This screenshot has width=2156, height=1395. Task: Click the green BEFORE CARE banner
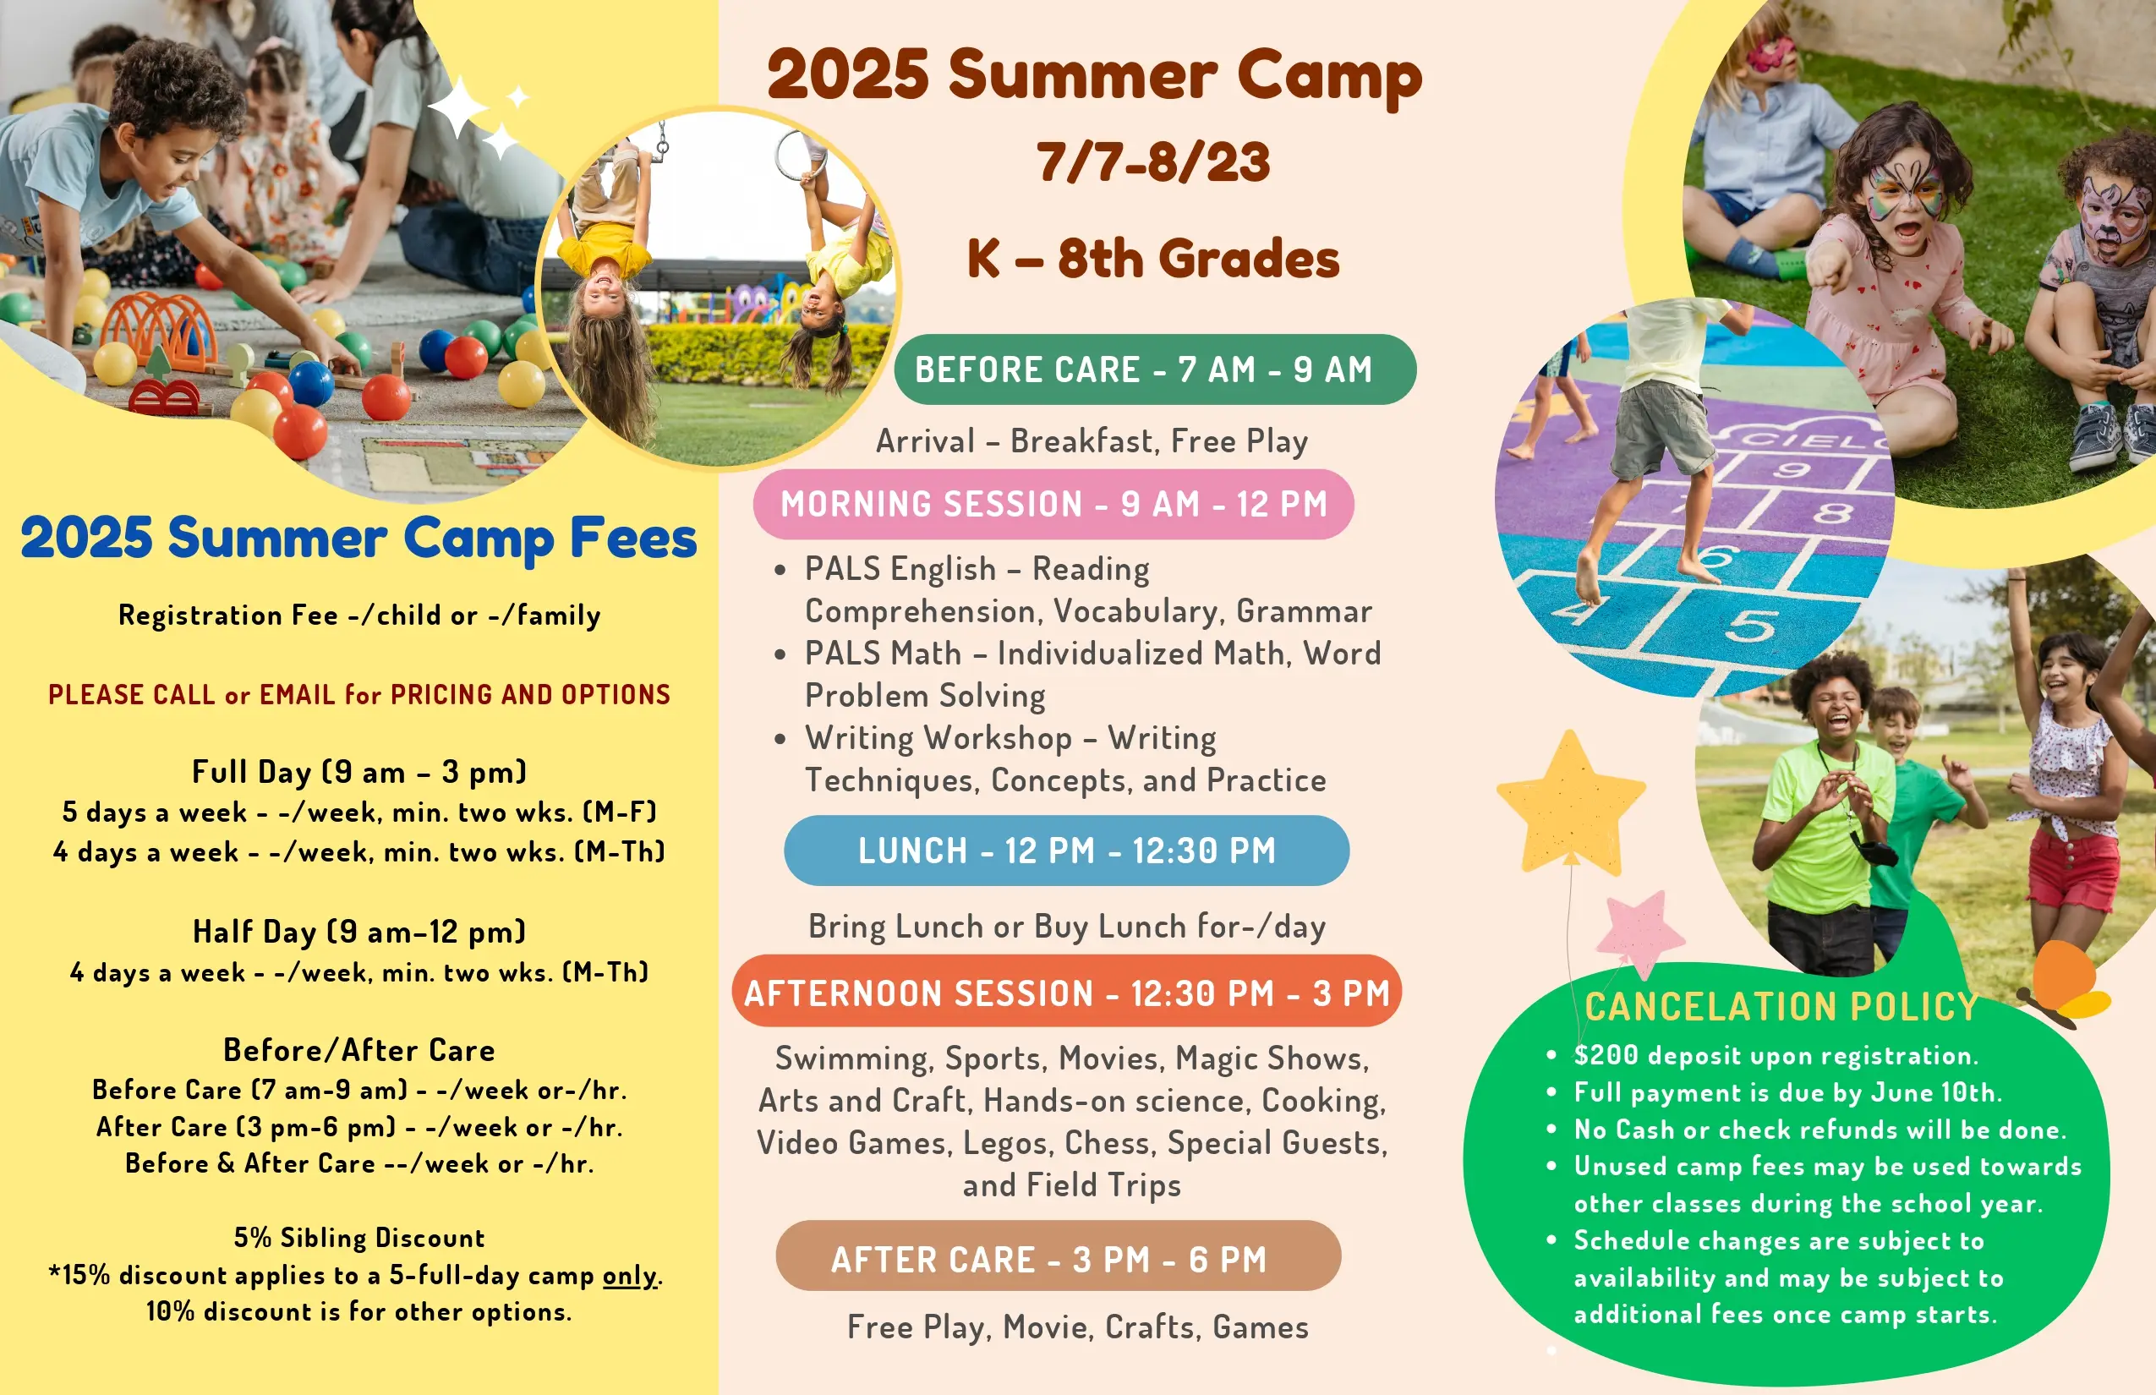pyautogui.click(x=1155, y=369)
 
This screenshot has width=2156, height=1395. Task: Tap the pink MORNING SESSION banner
pyautogui.click(x=1053, y=504)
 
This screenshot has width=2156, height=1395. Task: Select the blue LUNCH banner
pyautogui.click(x=1066, y=851)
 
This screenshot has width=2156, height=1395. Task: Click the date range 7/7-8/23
pyautogui.click(x=1153, y=163)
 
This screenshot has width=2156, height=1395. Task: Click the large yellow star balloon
pyautogui.click(x=1571, y=801)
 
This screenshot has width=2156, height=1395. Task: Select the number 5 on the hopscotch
pyautogui.click(x=1749, y=624)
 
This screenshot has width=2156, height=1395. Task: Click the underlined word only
pyautogui.click(x=630, y=1276)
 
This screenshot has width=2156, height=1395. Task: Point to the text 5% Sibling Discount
pyautogui.click(x=359, y=1238)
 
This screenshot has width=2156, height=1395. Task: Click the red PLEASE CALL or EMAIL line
pyautogui.click(x=359, y=695)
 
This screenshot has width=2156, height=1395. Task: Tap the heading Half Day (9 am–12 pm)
pyautogui.click(x=359, y=931)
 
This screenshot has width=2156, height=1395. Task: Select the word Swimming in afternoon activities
pyautogui.click(x=851, y=1058)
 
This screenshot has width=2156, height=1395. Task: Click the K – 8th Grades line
pyautogui.click(x=1153, y=258)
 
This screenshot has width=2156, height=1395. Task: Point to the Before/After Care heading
pyautogui.click(x=359, y=1050)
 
